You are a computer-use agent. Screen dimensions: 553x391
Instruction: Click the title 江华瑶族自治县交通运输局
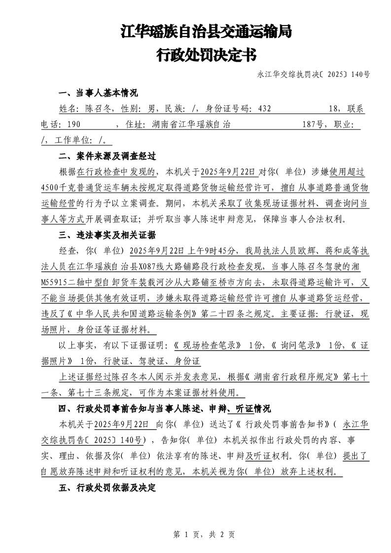pyautogui.click(x=207, y=33)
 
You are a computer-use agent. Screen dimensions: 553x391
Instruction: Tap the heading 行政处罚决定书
pyautogui.click(x=207, y=55)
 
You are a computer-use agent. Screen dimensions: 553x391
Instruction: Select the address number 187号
pyautogui.click(x=313, y=125)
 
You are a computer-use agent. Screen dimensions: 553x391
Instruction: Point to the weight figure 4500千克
pyautogui.click(x=59, y=188)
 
